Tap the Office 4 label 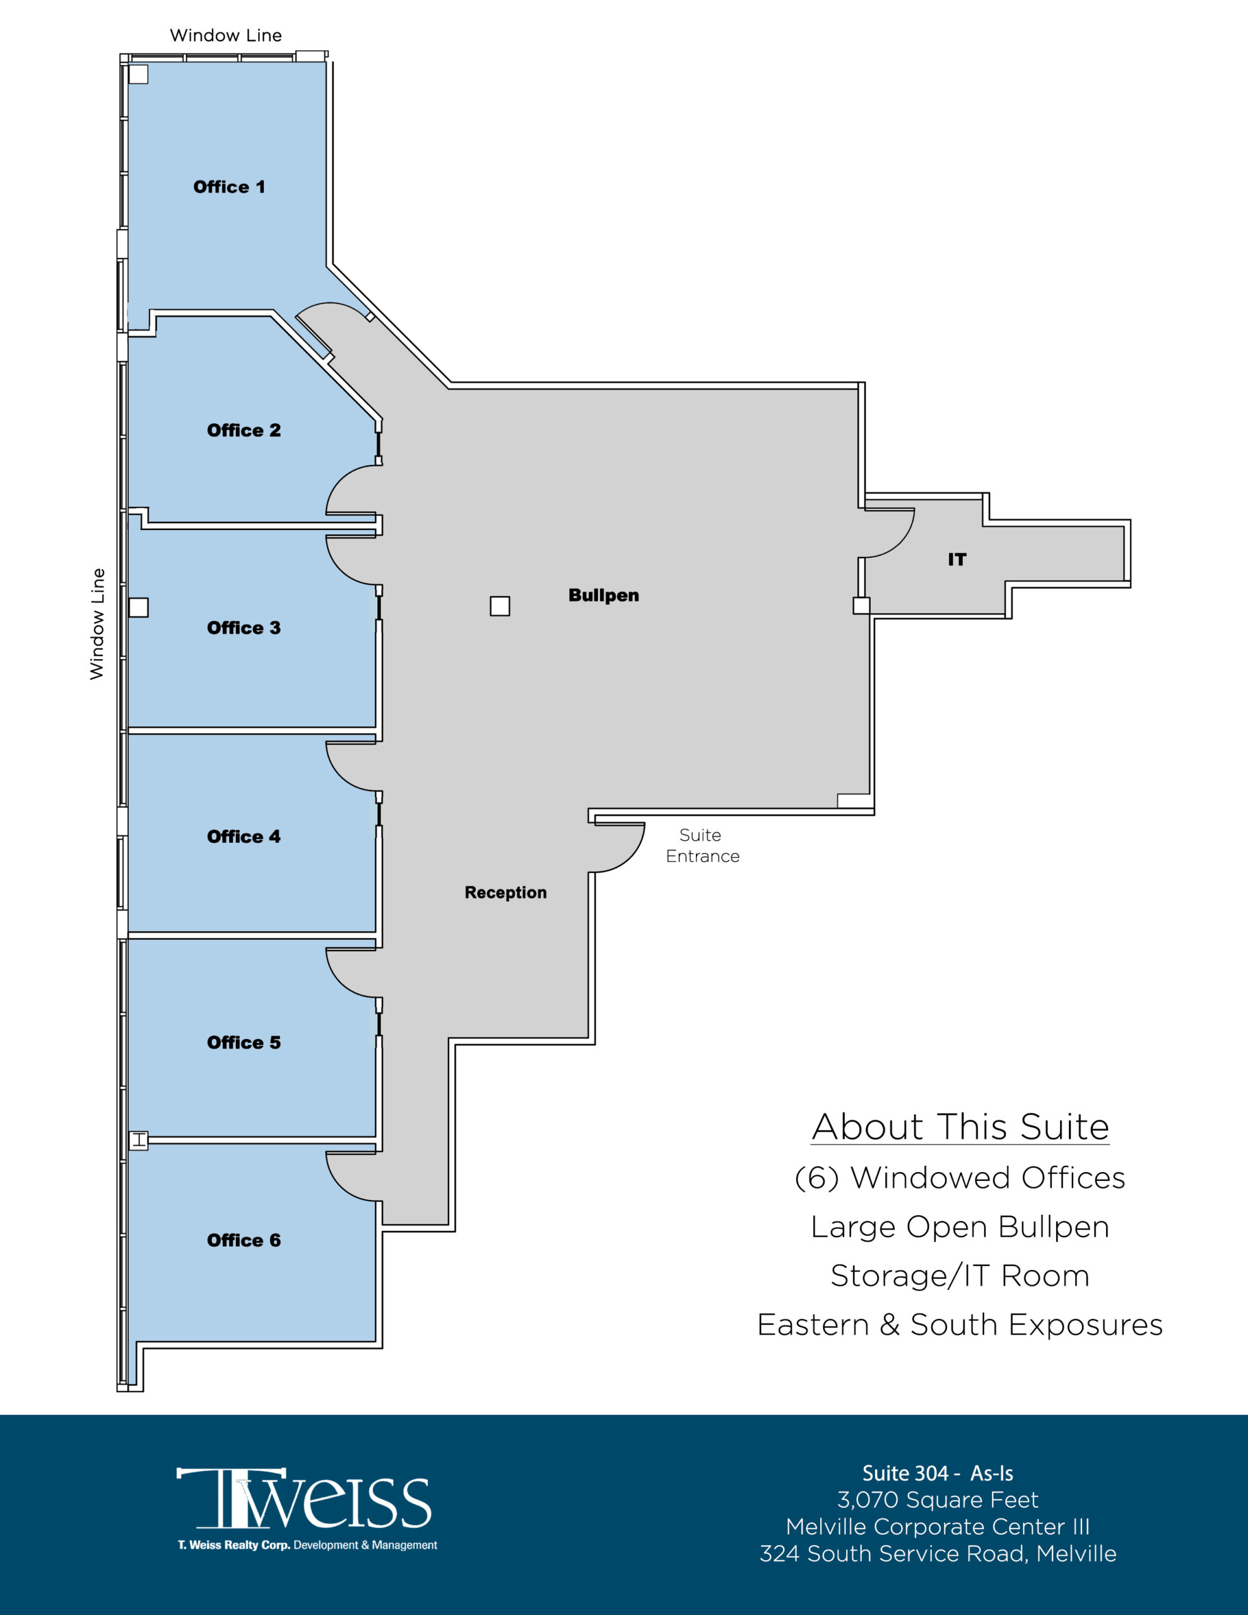point(244,837)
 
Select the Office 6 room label point(244,1240)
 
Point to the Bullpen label point(603,596)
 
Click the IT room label point(957,559)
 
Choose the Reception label point(505,893)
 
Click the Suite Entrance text point(702,845)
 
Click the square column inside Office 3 point(138,607)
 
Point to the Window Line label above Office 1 point(226,35)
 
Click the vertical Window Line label point(97,624)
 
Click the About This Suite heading point(960,1127)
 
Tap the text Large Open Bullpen point(960,1227)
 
